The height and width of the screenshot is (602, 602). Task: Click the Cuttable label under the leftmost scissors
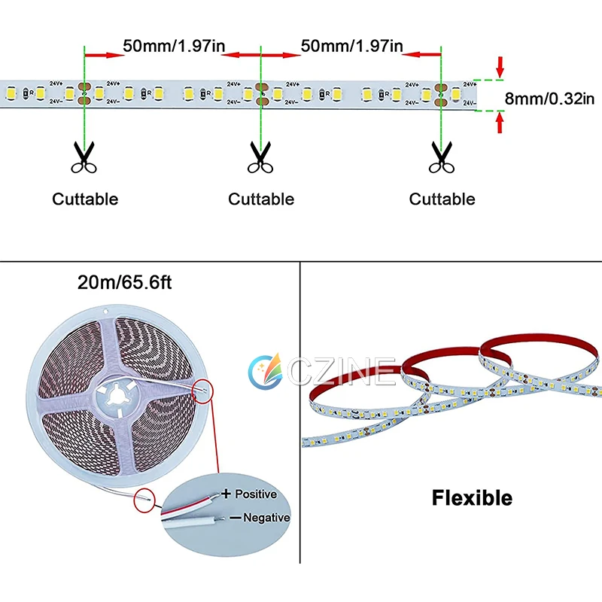85,199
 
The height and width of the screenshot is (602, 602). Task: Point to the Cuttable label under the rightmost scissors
442,199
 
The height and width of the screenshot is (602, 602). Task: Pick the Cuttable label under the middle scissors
261,199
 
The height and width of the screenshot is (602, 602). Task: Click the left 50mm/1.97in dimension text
174,46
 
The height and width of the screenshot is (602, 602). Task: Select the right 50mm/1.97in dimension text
351,46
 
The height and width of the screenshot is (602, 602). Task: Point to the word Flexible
472,497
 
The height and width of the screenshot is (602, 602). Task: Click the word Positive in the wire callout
256,494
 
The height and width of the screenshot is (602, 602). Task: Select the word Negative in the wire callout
266,518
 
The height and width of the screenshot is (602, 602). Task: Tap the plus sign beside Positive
225,494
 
